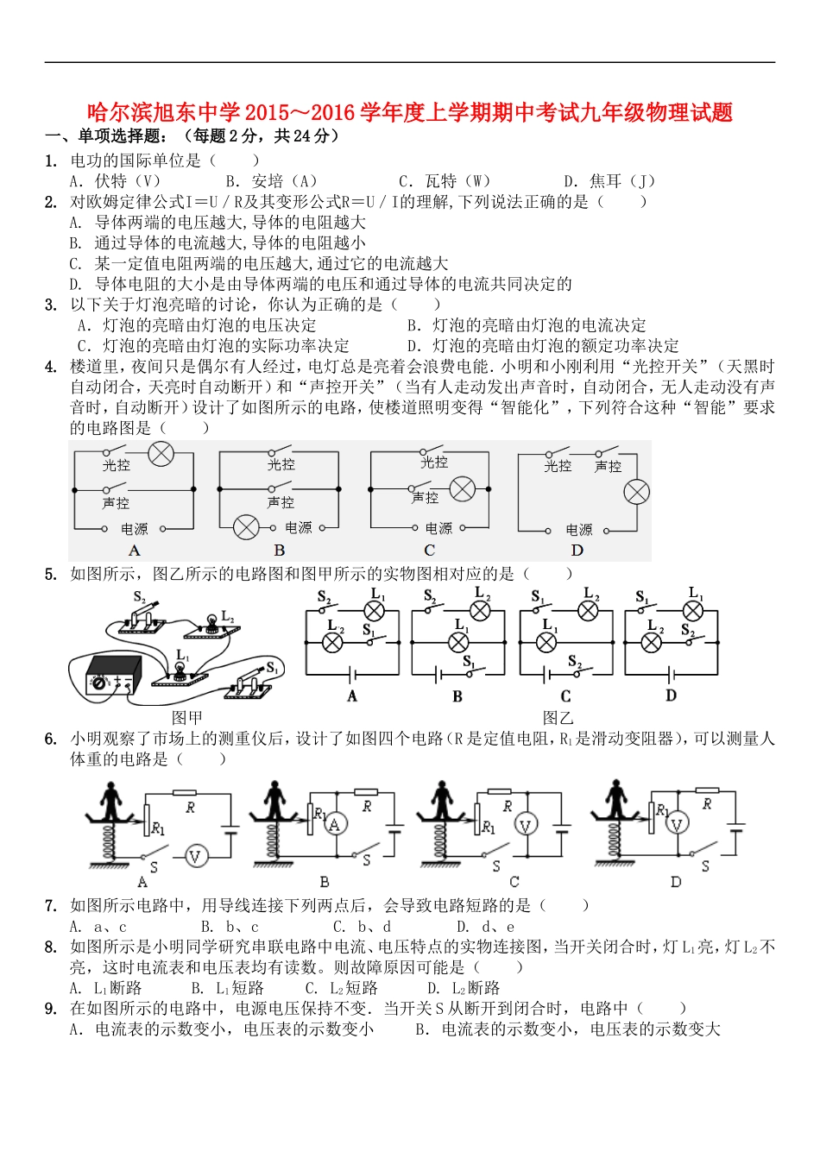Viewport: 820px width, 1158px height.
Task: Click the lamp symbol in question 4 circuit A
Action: [161, 454]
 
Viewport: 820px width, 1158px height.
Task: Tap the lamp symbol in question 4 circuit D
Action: [636, 492]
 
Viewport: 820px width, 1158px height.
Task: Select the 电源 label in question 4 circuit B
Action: [299, 527]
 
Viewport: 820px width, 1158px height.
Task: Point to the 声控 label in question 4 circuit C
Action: [425, 497]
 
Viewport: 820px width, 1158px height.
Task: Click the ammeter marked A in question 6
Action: [335, 825]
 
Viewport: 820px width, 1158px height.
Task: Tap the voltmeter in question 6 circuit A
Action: [195, 856]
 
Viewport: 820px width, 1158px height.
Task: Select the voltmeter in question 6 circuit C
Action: [526, 825]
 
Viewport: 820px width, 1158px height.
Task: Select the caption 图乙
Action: [558, 717]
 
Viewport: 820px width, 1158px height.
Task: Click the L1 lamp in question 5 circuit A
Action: [375, 610]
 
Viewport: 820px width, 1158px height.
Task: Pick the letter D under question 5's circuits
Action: [671, 695]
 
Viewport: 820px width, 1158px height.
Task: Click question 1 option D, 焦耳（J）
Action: [609, 181]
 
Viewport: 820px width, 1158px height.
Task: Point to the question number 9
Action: [50, 1009]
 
